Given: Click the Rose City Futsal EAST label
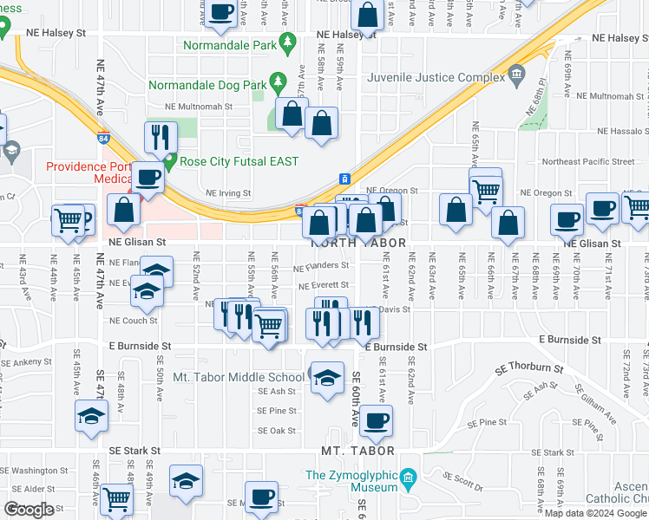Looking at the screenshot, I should (239, 161).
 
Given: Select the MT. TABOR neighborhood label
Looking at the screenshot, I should (357, 451).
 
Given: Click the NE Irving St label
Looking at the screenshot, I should (228, 193).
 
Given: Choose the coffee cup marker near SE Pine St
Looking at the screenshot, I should (376, 420).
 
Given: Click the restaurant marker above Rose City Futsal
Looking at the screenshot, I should (161, 136).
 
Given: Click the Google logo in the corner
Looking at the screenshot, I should (29, 509).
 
